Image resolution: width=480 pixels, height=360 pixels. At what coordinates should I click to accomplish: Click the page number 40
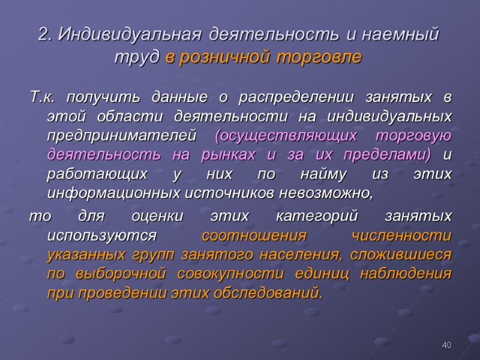pyautogui.click(x=446, y=345)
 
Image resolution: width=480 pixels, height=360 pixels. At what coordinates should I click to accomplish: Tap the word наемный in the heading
pyautogui.click(x=406, y=35)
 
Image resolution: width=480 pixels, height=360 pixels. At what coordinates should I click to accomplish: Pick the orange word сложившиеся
pyautogui.click(x=406, y=254)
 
